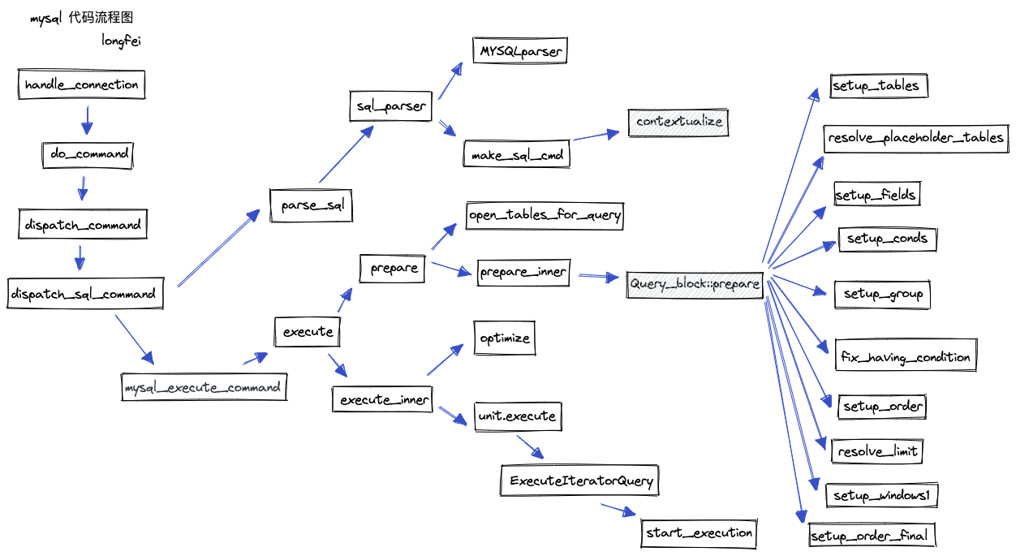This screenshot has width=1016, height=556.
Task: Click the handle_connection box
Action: pyautogui.click(x=81, y=84)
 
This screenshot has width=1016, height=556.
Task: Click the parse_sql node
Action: pyautogui.click(x=312, y=205)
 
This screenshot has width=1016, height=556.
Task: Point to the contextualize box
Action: pyautogui.click(x=679, y=122)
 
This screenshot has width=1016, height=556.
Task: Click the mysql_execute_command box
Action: pyautogui.click(x=204, y=387)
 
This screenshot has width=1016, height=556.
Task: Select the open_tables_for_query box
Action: pyautogui.click(x=545, y=215)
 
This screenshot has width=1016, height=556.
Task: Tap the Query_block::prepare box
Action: pyautogui.click(x=695, y=284)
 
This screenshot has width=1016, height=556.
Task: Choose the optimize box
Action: pyautogui.click(x=505, y=338)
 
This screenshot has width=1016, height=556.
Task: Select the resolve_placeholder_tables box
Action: pyautogui.click(x=915, y=138)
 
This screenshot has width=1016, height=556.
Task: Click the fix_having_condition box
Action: pyautogui.click(x=906, y=357)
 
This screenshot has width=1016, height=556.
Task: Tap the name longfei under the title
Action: pyautogui.click(x=121, y=41)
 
